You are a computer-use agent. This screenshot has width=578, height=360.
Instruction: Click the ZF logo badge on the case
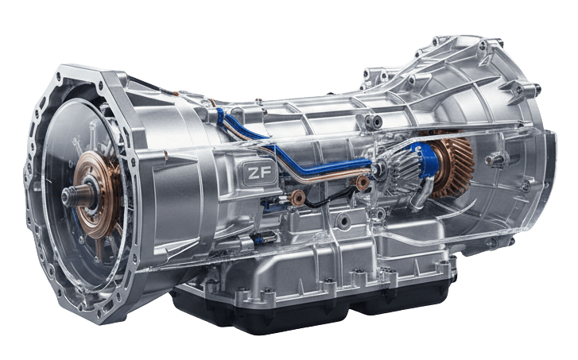pos(259,172)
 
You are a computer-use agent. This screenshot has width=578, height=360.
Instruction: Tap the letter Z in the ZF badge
pos(254,173)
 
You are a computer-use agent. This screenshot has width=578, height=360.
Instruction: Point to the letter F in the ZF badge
pos(266,172)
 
